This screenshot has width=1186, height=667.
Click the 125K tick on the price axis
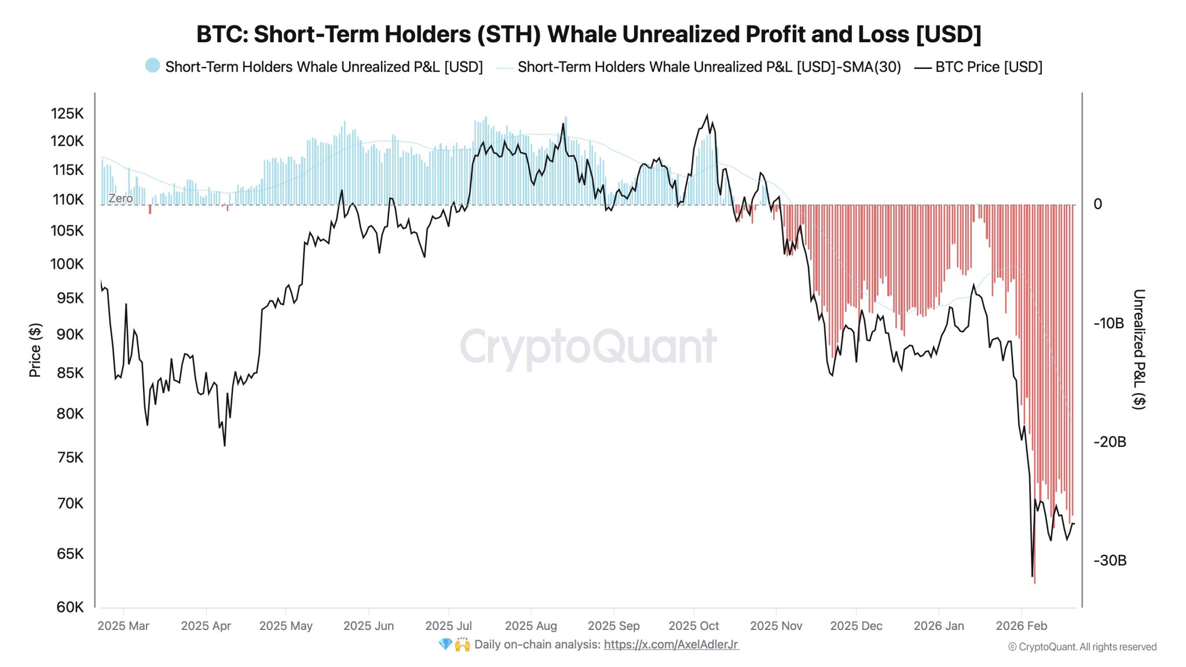pyautogui.click(x=67, y=113)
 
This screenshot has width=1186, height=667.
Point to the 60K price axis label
pyautogui.click(x=70, y=607)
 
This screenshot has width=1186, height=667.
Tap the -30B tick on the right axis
pyautogui.click(x=1110, y=560)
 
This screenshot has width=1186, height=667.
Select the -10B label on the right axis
pyautogui.click(x=1108, y=323)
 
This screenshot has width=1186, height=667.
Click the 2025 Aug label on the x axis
pyautogui.click(x=530, y=626)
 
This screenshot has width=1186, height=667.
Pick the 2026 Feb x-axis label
pyautogui.click(x=1021, y=626)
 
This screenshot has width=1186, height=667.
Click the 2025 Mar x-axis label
pyautogui.click(x=123, y=626)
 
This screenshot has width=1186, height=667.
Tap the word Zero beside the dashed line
pyautogui.click(x=120, y=198)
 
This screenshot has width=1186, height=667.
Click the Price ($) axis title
pyautogui.click(x=35, y=350)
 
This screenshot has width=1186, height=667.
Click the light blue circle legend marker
pyautogui.click(x=152, y=65)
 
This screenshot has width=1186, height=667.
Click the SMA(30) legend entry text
pyautogui.click(x=709, y=67)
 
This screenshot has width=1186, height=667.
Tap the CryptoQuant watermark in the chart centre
pyautogui.click(x=588, y=346)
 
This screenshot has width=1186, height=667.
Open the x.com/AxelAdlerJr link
pyautogui.click(x=671, y=644)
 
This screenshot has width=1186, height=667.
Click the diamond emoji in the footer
pyautogui.click(x=445, y=644)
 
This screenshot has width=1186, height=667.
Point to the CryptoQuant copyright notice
pyautogui.click(x=1082, y=647)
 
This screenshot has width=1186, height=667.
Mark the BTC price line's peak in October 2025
pyautogui.click(x=707, y=115)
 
